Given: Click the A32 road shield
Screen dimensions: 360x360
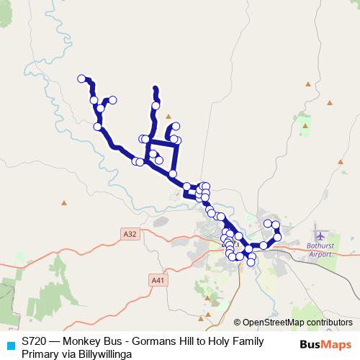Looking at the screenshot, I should click(x=130, y=234).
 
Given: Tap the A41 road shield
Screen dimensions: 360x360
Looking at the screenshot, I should click(x=158, y=279).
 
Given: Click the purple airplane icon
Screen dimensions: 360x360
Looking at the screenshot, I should click(x=320, y=235).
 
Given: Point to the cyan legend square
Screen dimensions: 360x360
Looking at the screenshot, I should click(x=10, y=345).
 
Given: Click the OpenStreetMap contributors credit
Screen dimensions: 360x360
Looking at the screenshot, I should click(x=297, y=322).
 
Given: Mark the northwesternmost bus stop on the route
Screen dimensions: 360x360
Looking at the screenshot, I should click(x=82, y=78).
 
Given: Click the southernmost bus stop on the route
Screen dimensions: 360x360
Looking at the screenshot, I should click(x=251, y=262).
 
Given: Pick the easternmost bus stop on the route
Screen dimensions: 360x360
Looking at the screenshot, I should click(x=278, y=237).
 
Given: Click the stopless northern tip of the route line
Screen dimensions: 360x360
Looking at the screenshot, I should click(x=156, y=88).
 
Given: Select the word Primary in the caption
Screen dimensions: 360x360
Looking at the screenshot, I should click(x=40, y=354).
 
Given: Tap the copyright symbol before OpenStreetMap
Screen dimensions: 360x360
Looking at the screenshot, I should click(x=237, y=322).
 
